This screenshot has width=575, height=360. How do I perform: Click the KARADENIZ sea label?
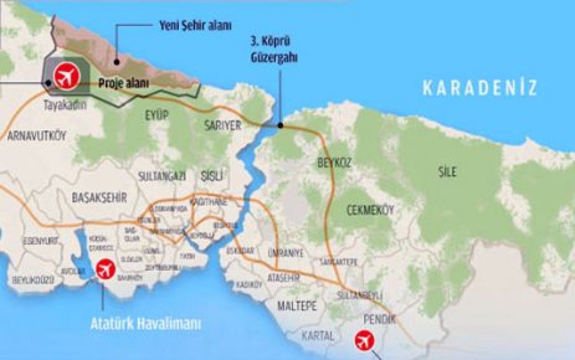click(x=480, y=88)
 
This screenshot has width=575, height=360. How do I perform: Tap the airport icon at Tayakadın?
click(x=67, y=77)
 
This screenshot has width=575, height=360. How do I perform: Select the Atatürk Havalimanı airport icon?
click(x=106, y=269)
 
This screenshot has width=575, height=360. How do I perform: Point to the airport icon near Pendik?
click(x=364, y=340)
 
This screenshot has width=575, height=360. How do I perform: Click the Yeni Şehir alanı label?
click(x=195, y=26)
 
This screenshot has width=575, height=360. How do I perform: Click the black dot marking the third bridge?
click(x=280, y=125)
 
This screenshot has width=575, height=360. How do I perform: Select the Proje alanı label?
click(x=124, y=83)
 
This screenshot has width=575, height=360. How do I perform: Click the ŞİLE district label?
click(x=447, y=171)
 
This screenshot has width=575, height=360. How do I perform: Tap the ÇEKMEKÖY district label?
click(x=370, y=210)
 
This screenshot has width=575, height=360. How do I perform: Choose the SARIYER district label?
click(x=223, y=125)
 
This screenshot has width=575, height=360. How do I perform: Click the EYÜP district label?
click(x=156, y=115)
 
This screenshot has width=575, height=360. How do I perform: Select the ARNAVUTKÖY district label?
click(x=37, y=136)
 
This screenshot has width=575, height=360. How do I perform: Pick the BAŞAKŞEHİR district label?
click(x=99, y=197)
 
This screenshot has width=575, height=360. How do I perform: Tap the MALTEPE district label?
click(x=297, y=307)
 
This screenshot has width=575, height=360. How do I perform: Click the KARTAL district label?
click(x=318, y=335)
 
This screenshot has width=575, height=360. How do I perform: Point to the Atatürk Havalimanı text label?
click(x=146, y=324)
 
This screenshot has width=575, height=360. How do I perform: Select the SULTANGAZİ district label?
click(x=162, y=175)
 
